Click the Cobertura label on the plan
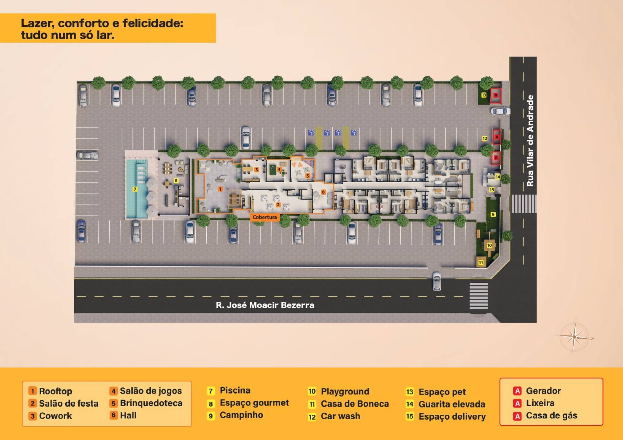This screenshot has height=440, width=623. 265,217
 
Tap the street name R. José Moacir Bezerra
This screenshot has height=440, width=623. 265,305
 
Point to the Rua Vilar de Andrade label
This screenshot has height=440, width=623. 530,141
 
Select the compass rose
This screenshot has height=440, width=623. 574,337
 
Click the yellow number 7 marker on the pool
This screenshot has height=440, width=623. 135,189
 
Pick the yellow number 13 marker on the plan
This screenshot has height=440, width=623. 484,95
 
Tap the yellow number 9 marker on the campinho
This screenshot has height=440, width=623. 493,214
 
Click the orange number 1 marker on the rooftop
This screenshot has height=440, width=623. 220,189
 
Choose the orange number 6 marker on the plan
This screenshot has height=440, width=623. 323,192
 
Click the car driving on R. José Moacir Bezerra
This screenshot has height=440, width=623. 437,281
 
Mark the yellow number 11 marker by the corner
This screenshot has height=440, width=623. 481,262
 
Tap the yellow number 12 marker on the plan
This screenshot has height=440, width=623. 485,138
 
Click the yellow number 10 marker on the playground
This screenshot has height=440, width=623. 489,245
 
